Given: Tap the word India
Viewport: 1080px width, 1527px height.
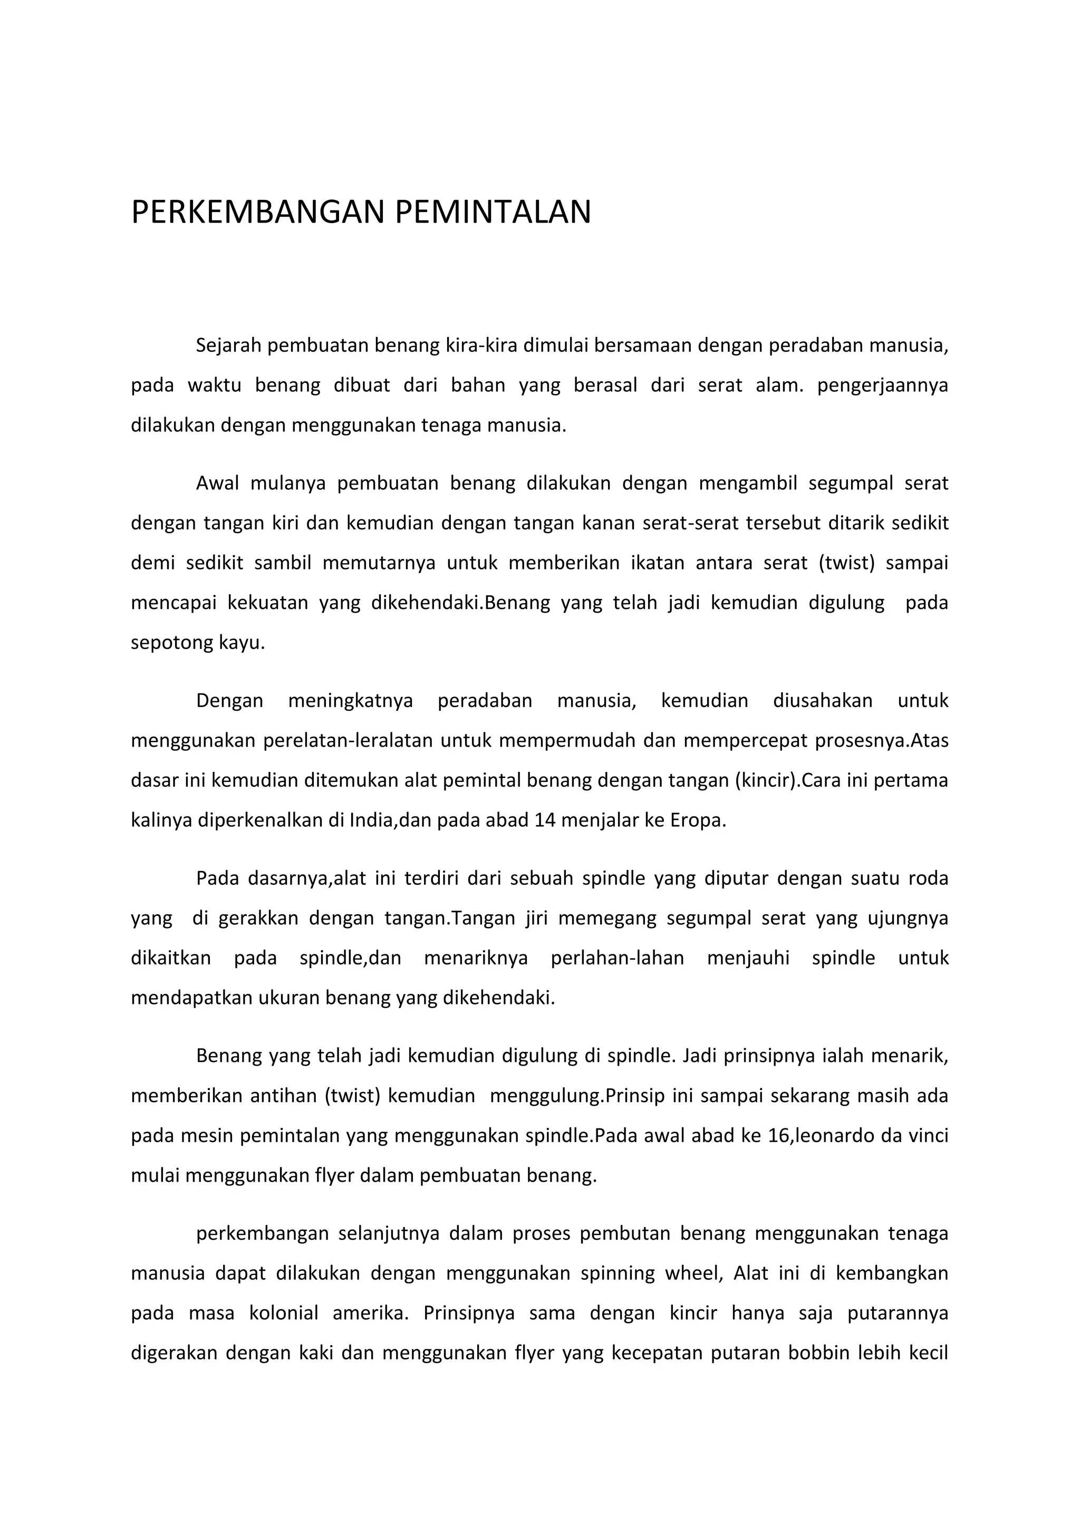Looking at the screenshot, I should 372,820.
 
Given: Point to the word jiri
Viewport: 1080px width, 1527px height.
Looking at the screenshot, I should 536,919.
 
